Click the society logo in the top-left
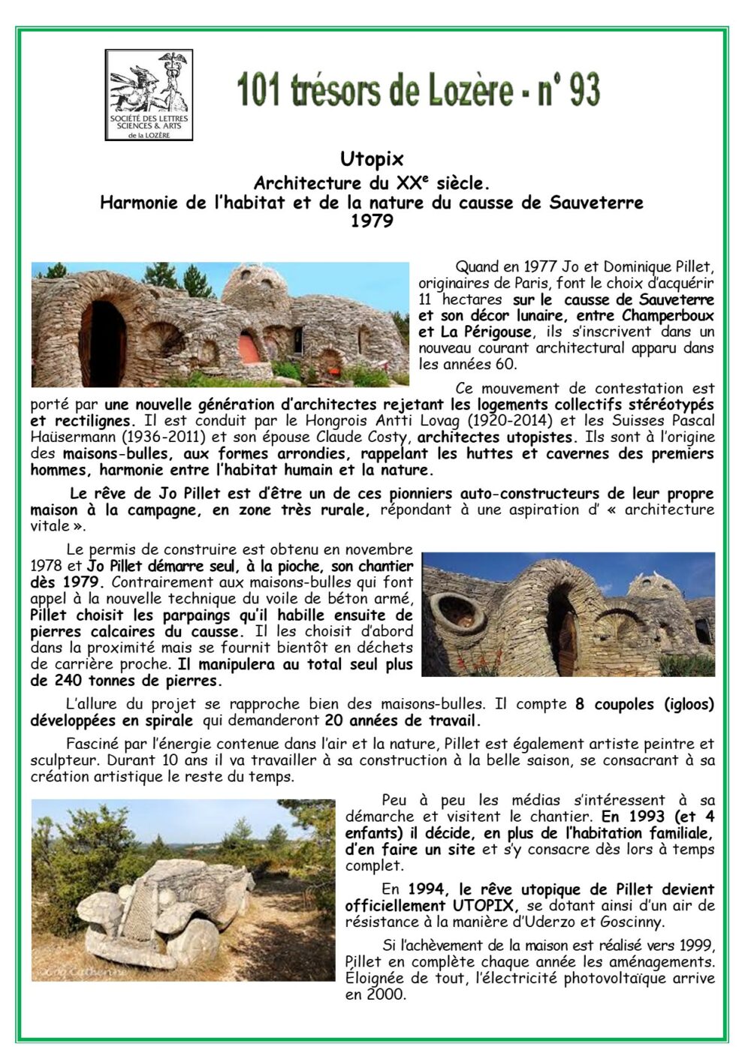click(x=149, y=95)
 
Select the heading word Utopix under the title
click(x=372, y=159)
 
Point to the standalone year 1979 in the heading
click(x=372, y=221)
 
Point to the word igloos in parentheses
click(x=683, y=704)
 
